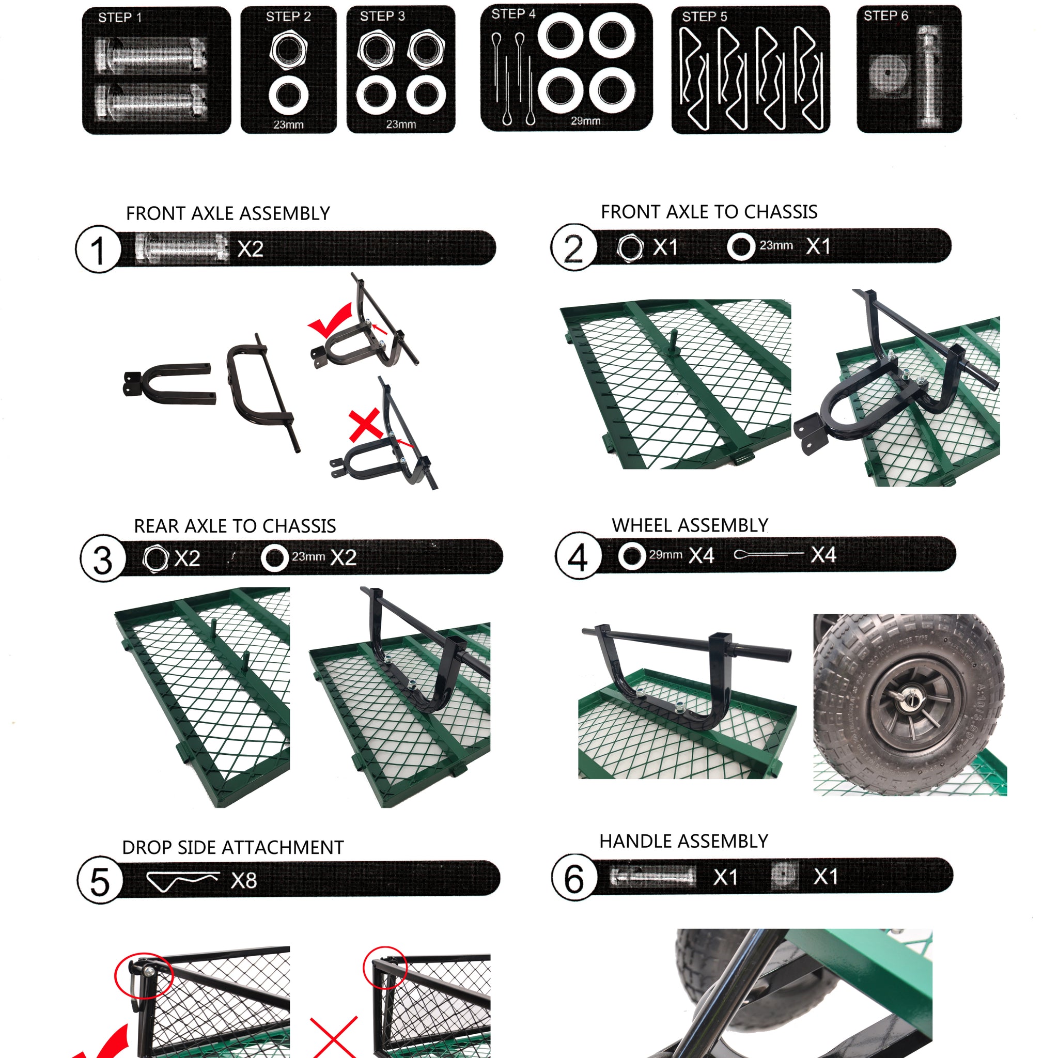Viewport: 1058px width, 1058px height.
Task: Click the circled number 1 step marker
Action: point(98,249)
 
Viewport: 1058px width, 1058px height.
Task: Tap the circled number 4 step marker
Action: point(578,555)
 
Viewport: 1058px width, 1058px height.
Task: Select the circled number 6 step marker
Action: point(574,877)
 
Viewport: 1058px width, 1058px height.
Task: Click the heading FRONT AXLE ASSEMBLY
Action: point(228,213)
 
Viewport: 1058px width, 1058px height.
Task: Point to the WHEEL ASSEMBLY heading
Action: point(690,525)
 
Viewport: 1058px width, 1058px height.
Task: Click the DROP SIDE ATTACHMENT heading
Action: point(233,847)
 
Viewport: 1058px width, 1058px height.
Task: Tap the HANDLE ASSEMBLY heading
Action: point(683,841)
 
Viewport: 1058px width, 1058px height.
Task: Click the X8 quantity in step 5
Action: point(244,881)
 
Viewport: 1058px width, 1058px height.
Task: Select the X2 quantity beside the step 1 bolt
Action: point(250,249)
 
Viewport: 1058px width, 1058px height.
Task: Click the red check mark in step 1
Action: point(331,320)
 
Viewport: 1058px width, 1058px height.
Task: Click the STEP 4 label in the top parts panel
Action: point(513,14)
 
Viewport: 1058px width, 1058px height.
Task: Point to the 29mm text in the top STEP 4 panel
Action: point(585,120)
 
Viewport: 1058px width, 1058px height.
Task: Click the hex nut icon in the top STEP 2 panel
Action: point(288,50)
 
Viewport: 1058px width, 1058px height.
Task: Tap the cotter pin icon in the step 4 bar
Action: point(768,554)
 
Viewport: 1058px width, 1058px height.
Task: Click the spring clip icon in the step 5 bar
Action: point(183,881)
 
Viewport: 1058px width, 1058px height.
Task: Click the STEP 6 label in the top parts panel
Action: point(885,15)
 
